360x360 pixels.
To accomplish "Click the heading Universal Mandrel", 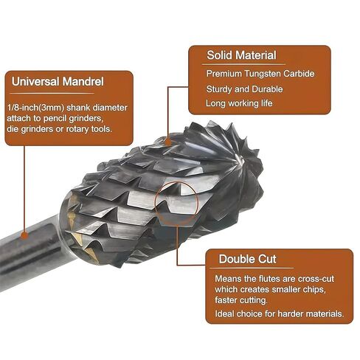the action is (x=58, y=82).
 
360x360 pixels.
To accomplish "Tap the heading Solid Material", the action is (x=241, y=55).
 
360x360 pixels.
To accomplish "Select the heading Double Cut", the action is (x=248, y=259).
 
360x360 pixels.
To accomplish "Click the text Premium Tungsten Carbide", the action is (x=260, y=74).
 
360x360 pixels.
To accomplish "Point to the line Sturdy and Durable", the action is (x=245, y=89).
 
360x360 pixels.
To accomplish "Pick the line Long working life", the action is (x=239, y=103).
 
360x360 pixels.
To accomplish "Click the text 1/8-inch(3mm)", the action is (x=36, y=108).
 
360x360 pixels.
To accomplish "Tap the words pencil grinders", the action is (x=72, y=119).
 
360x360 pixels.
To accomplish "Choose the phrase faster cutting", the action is (x=241, y=300).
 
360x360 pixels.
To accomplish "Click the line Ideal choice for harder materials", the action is (x=279, y=314).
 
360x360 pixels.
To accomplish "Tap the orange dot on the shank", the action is (x=24, y=235).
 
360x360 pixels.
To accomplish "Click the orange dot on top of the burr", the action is (x=168, y=142).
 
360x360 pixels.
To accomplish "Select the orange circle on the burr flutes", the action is (x=176, y=182).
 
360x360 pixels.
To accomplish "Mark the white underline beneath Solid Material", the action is (x=243, y=64).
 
